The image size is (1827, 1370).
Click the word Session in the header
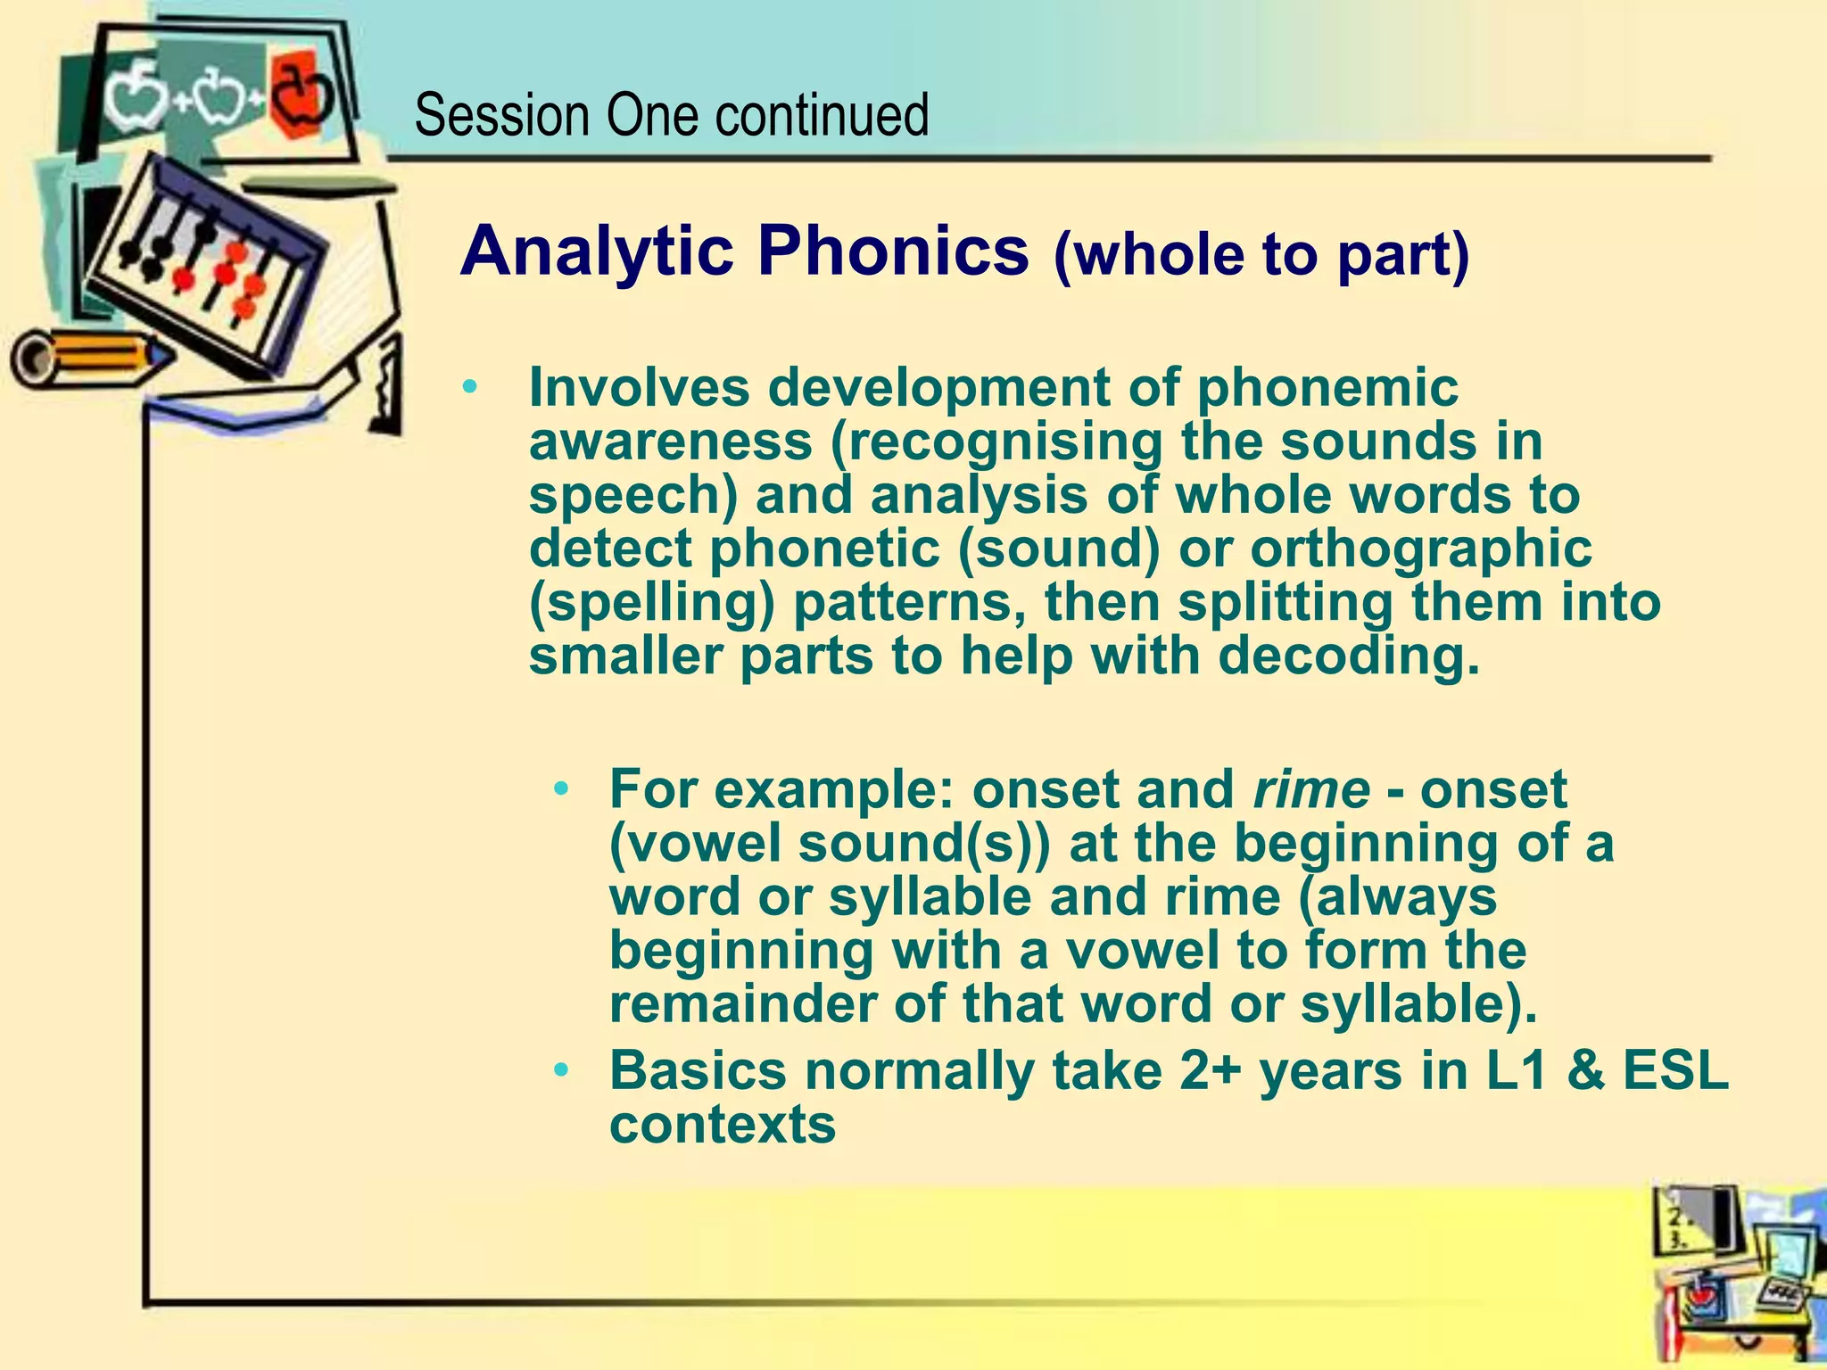click(x=502, y=116)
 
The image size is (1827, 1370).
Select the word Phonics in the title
click(x=893, y=252)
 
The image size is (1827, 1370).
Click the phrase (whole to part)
click(x=1261, y=255)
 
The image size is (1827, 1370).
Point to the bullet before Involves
click(x=470, y=388)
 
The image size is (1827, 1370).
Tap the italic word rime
click(x=1310, y=789)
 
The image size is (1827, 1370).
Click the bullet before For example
click(x=560, y=789)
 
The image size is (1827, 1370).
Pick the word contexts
click(x=723, y=1125)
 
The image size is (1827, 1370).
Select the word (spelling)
click(x=652, y=603)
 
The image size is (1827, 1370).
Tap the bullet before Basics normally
click(x=560, y=1069)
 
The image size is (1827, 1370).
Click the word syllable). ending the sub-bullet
click(x=1419, y=1004)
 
